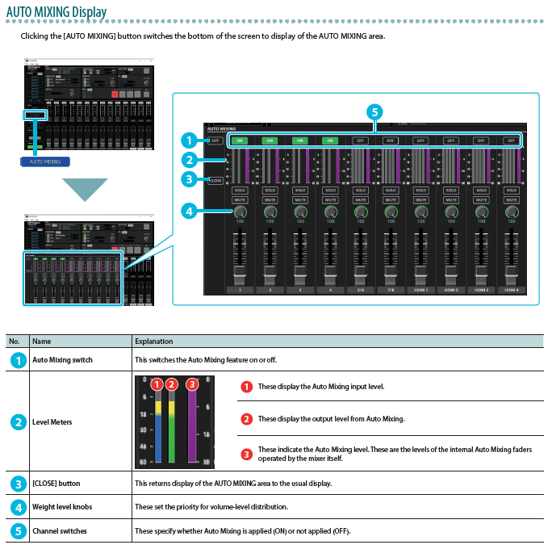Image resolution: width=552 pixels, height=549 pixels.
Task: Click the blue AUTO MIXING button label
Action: tap(45, 161)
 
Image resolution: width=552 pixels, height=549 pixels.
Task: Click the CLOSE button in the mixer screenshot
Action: tap(215, 180)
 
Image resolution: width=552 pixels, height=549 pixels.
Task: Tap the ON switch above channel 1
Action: tap(239, 140)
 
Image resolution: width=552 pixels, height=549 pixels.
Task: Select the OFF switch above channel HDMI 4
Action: tap(511, 140)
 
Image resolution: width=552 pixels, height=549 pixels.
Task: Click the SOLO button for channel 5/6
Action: tap(360, 191)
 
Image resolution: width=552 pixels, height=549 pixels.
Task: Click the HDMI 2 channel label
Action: tap(450, 289)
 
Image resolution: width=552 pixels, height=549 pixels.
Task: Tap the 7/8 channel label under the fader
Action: tap(390, 289)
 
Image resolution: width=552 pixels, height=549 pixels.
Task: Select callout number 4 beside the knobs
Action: tap(188, 212)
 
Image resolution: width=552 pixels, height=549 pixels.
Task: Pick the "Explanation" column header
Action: tap(153, 342)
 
